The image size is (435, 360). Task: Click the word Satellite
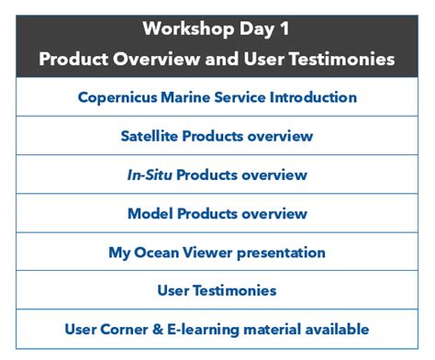point(151,136)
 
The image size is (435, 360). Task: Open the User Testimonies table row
point(217,290)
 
